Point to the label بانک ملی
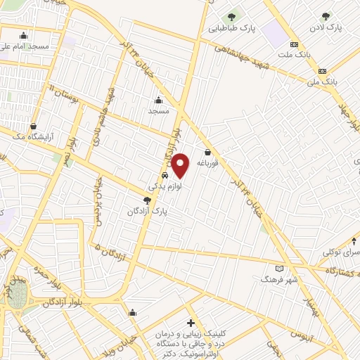click(x=323, y=82)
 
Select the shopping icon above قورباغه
click(x=207, y=152)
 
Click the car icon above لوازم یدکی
click(x=165, y=176)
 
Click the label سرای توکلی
click(x=341, y=251)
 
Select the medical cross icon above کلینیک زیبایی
click(x=190, y=322)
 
